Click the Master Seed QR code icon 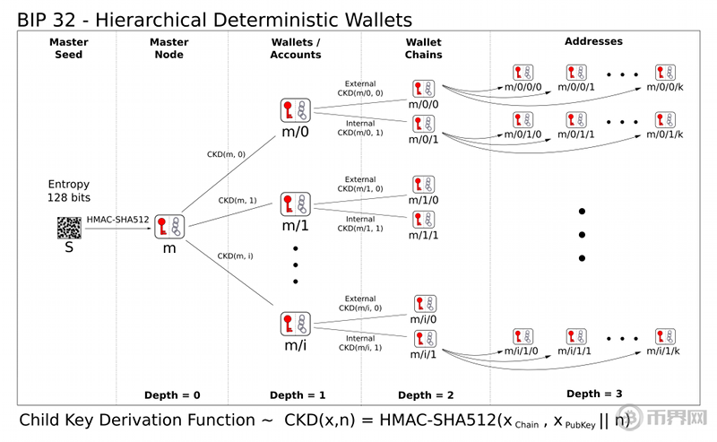coord(69,227)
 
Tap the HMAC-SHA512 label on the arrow coord(117,220)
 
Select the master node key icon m coord(168,227)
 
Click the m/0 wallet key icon coord(295,111)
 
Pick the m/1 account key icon coord(295,204)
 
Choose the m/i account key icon coord(295,324)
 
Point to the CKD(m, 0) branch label coord(227,154)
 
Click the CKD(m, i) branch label coord(235,256)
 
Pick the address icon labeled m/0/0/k coord(665,73)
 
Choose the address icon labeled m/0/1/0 coord(525,119)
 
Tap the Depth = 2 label coord(427,395)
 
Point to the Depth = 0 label coord(172,395)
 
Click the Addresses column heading coord(593,41)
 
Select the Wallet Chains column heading coord(424,48)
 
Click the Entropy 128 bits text coord(69,190)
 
